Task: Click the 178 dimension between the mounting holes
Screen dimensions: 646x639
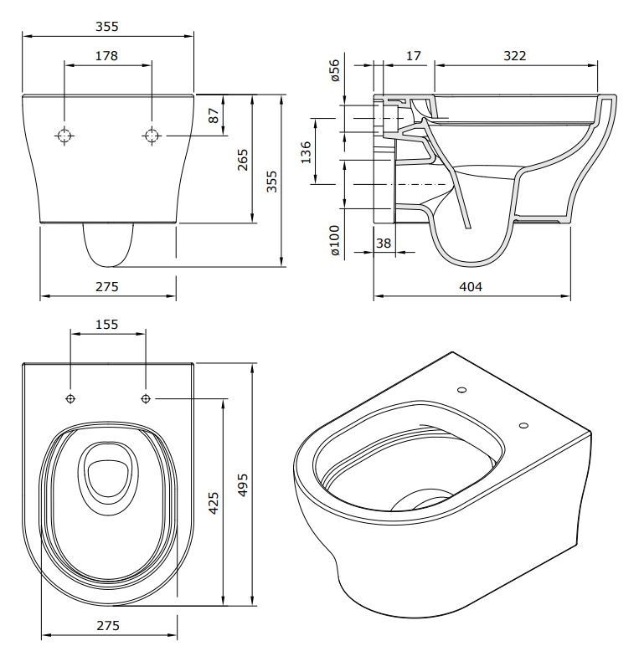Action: coord(106,56)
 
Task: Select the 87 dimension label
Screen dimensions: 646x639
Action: coord(214,115)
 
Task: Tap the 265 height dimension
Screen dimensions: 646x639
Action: coord(243,159)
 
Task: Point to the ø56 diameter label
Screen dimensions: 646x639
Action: coord(334,71)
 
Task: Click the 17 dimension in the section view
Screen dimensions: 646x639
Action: coord(413,56)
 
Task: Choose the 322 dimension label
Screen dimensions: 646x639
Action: coord(515,56)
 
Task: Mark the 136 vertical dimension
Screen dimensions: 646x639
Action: coord(306,151)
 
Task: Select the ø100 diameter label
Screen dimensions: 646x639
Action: coord(334,240)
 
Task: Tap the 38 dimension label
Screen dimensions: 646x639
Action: coord(383,243)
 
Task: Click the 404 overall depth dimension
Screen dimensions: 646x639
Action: coord(472,287)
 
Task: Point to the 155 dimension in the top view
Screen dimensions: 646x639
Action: coord(107,324)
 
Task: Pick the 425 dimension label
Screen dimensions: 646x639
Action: coord(214,502)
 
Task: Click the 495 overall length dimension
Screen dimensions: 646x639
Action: coord(244,484)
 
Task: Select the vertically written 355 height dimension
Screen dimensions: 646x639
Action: coord(271,181)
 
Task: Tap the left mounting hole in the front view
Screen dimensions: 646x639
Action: coord(64,136)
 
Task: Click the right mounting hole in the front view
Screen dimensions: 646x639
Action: coord(152,136)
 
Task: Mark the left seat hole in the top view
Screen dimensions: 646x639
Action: coord(70,397)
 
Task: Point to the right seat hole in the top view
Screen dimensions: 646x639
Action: coord(146,397)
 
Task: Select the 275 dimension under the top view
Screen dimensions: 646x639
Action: coord(107,626)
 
